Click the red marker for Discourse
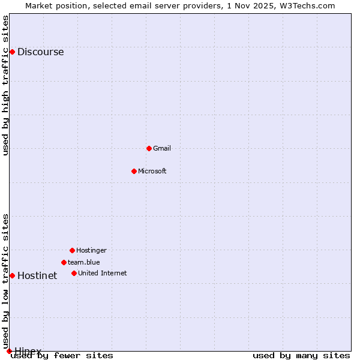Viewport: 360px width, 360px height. [12, 52]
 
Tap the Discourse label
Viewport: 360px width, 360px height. [40, 52]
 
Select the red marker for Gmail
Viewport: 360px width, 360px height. [149, 148]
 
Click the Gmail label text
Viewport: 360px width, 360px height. [162, 149]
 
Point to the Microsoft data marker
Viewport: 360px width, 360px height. [134, 171]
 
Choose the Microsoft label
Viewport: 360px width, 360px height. [152, 172]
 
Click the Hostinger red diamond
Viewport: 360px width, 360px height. [72, 250]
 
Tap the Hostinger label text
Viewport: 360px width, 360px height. [91, 251]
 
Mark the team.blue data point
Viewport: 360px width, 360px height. [64, 262]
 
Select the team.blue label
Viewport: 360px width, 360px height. [84, 262]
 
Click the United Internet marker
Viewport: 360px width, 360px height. [74, 273]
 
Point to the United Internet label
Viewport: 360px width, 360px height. [103, 274]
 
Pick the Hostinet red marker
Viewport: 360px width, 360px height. [12, 275]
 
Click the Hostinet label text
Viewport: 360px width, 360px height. [37, 276]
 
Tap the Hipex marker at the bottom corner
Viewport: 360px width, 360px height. [9, 351]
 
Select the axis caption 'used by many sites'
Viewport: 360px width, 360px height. [301, 356]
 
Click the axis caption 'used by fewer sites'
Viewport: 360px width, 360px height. [62, 356]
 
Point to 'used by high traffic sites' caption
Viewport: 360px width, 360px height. [6, 85]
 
